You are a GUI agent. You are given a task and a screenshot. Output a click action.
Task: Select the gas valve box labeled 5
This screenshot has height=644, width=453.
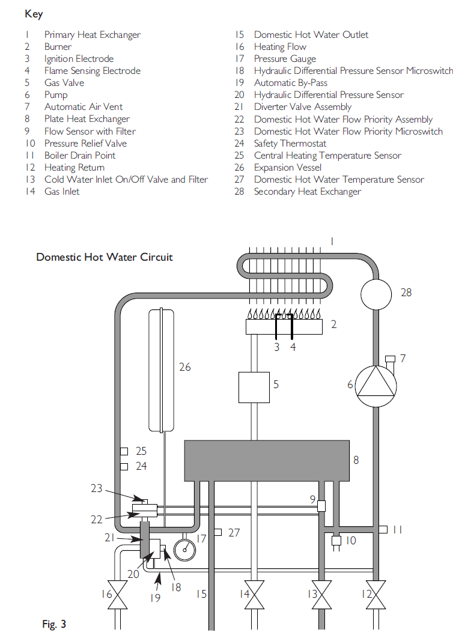254,387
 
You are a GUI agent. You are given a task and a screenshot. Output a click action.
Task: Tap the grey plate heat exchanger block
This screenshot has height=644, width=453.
266,460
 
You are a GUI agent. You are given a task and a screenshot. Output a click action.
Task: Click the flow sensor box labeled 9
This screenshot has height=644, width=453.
321,506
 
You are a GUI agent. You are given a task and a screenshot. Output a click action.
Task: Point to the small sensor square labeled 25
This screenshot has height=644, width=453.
124,451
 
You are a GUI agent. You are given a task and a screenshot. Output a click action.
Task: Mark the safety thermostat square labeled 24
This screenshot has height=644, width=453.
124,466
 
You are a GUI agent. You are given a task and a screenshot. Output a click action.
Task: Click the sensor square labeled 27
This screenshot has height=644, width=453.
218,532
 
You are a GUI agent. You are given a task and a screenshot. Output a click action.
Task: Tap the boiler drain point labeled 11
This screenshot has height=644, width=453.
382,529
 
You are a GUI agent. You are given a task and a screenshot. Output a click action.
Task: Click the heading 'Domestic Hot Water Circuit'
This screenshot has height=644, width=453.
104,257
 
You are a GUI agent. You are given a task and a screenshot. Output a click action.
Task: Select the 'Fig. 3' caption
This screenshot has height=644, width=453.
54,625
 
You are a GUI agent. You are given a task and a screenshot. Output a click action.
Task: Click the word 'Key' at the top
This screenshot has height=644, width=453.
34,14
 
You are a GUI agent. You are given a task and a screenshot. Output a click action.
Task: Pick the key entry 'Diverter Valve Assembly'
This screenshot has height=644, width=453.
302,107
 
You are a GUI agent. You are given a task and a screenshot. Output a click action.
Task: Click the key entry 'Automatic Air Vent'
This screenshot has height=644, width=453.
83,107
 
